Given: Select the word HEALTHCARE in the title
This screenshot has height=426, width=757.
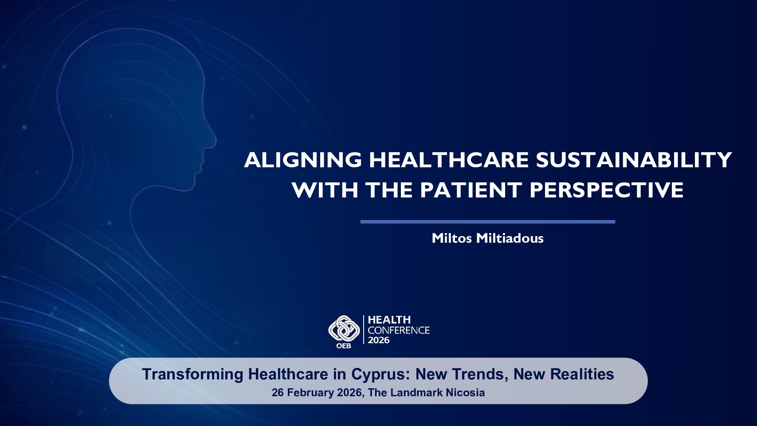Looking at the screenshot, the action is point(449,160).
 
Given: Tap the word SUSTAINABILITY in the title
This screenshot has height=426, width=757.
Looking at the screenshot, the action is point(634,160).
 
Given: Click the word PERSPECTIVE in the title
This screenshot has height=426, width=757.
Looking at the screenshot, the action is point(607,189).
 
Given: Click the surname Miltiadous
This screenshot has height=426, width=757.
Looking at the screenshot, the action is point(510,238).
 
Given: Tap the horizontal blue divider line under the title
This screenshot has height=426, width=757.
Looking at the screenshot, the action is point(488,222).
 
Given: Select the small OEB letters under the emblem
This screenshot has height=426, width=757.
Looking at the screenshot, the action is point(344,346).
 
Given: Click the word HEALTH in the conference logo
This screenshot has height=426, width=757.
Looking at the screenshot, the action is point(389,320).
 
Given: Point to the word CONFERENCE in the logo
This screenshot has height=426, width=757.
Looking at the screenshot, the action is point(399,330).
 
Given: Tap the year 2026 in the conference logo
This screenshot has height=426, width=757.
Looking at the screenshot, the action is point(379,340).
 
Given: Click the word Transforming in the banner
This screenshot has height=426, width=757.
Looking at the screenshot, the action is point(192,375).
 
